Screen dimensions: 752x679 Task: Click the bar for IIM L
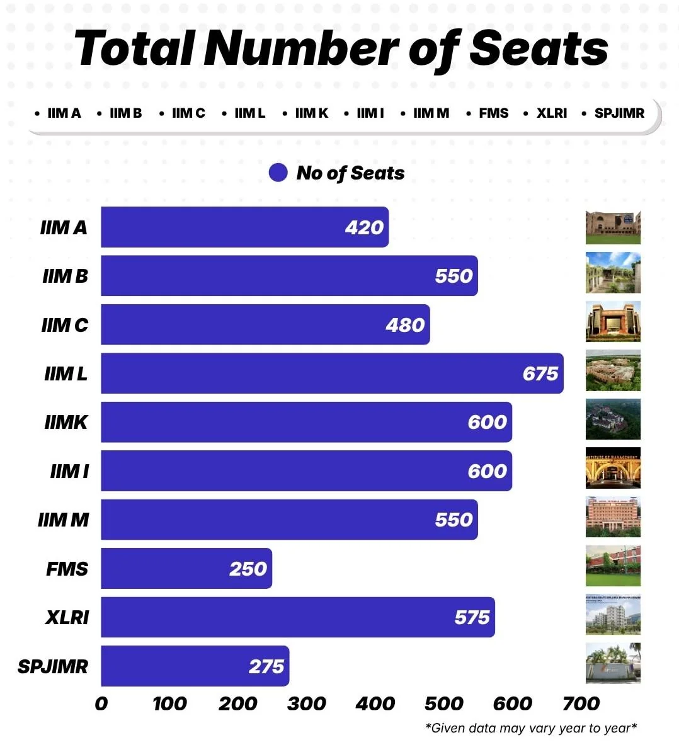tap(332, 373)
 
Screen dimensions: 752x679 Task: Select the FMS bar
tap(186, 569)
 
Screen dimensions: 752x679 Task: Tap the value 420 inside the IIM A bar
tap(364, 227)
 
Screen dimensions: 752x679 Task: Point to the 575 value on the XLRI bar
tap(472, 617)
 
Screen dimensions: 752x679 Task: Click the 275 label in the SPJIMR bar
tap(266, 666)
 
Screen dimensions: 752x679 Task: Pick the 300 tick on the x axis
tap(306, 704)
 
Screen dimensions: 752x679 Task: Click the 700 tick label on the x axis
tap(581, 704)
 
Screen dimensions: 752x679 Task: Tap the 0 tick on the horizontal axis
tap(101, 704)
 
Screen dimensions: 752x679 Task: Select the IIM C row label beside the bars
tap(65, 325)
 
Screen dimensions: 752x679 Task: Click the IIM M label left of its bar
tap(64, 520)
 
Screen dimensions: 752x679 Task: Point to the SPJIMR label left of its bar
tap(53, 666)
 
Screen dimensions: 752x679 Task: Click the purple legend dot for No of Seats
tap(278, 173)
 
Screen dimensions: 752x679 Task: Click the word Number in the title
tap(302, 48)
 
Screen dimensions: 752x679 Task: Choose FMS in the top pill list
tap(493, 113)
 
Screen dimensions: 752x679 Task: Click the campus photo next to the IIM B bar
tap(613, 273)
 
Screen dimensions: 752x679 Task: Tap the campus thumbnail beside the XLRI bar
tap(613, 614)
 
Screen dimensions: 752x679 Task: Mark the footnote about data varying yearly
tap(531, 728)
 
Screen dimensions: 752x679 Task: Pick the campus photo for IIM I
tap(613, 468)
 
